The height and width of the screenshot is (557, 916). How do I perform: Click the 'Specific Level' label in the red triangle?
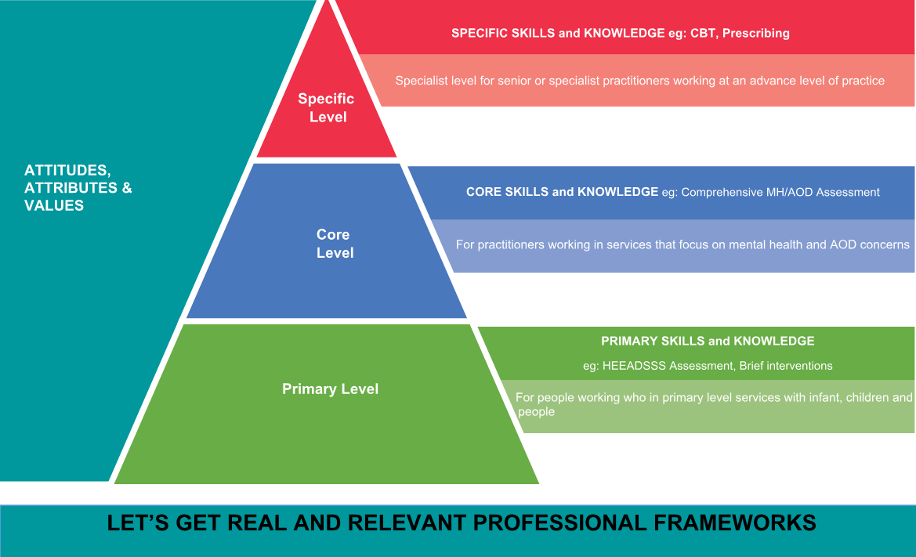(326, 107)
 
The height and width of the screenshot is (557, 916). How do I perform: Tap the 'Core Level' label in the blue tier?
(335, 244)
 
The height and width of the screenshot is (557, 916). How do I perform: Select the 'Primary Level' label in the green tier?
(330, 389)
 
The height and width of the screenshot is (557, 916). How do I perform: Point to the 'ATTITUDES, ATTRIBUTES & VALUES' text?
(78, 187)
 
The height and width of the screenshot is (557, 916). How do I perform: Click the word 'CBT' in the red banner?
(703, 33)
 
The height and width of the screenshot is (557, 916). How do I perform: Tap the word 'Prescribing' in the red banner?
(756, 33)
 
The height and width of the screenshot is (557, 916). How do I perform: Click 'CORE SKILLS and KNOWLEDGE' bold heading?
(562, 191)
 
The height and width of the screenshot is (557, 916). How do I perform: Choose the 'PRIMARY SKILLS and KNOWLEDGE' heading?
(708, 341)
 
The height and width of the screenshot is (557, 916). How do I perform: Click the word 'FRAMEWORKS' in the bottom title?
(735, 523)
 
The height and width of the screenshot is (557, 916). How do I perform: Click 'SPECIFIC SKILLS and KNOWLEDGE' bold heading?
(558, 33)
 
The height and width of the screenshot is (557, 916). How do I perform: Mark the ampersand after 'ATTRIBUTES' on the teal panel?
(127, 188)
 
